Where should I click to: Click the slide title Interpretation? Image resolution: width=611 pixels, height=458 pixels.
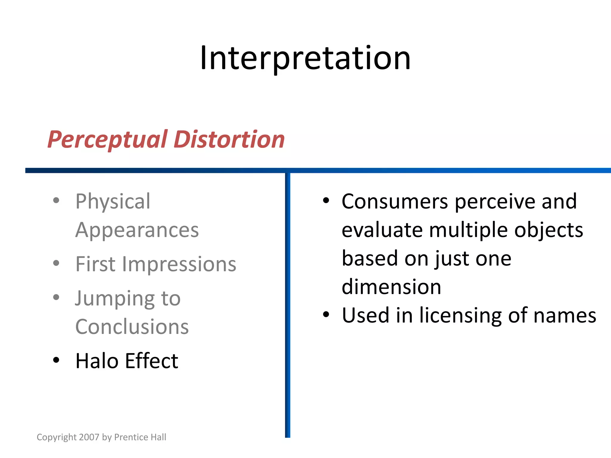(x=305, y=58)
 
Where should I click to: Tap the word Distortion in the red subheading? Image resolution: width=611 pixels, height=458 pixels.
(x=229, y=140)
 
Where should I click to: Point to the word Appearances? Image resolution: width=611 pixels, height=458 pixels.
(x=137, y=230)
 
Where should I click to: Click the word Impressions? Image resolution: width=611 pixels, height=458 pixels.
(x=179, y=264)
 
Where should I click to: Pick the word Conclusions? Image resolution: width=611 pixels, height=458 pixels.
(x=132, y=327)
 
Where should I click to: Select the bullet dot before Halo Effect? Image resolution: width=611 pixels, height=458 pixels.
(x=56, y=360)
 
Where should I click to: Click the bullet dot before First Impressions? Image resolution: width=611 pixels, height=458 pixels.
(x=56, y=263)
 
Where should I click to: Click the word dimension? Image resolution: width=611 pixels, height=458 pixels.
(x=391, y=287)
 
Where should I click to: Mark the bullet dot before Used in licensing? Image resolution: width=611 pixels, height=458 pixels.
(x=326, y=315)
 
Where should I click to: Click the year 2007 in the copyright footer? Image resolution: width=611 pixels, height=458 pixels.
(x=89, y=437)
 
